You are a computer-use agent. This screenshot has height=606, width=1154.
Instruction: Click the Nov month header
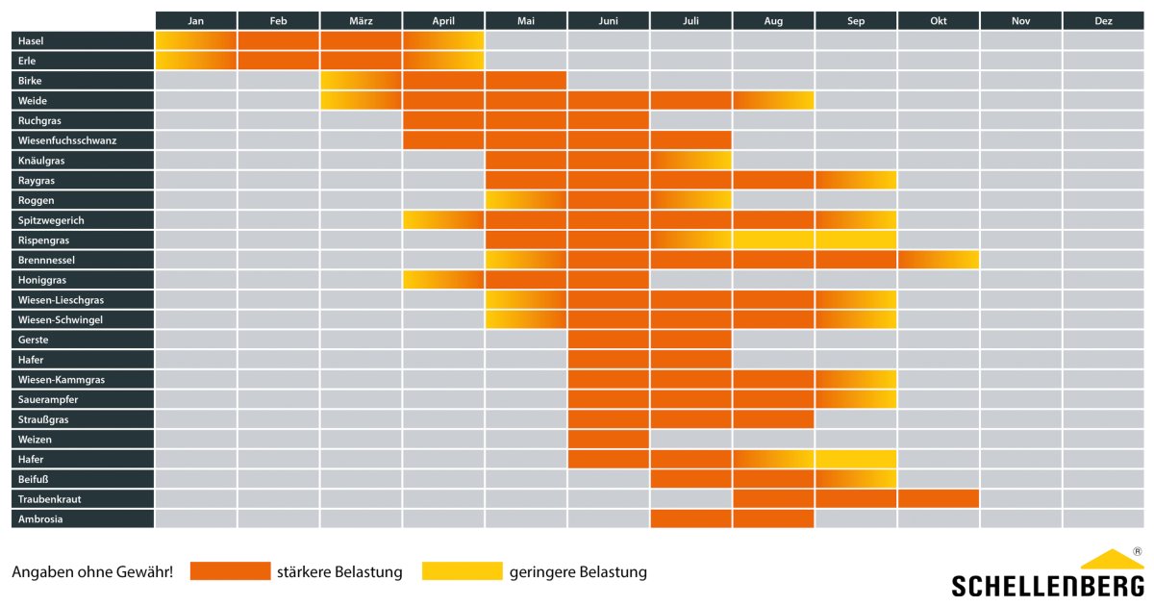click(1020, 20)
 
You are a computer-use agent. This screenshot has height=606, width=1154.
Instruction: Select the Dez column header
click(1103, 20)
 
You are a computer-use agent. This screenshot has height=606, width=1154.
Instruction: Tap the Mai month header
click(526, 20)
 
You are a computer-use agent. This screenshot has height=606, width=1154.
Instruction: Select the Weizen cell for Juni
click(608, 440)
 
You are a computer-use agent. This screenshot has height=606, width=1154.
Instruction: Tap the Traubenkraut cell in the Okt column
click(939, 499)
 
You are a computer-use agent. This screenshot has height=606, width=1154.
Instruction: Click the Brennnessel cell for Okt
click(939, 260)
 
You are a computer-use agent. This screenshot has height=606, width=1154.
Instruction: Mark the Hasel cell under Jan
click(196, 40)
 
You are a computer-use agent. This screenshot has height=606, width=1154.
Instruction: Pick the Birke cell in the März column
click(361, 81)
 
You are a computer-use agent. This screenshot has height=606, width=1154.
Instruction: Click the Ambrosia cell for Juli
click(690, 519)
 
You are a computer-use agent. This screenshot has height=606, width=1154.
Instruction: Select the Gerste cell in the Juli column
click(690, 340)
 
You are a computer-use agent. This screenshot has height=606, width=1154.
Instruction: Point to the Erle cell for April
click(443, 61)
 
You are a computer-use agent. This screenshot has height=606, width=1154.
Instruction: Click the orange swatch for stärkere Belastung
click(230, 571)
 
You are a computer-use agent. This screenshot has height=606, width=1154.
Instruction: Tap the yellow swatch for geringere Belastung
click(463, 571)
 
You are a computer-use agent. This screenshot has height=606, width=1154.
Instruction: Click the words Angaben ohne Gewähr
click(92, 572)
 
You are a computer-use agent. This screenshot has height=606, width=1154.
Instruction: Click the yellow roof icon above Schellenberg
click(1111, 559)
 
